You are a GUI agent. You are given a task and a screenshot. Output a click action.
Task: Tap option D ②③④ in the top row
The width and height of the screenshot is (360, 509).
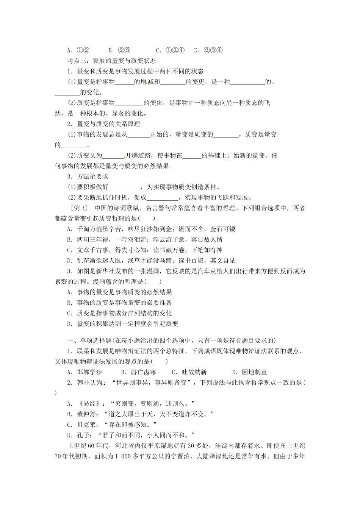click(208, 50)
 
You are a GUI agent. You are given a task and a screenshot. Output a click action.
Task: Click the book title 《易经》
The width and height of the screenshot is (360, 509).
click(87, 404)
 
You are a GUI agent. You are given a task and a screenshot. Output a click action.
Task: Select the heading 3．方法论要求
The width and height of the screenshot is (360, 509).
click(88, 176)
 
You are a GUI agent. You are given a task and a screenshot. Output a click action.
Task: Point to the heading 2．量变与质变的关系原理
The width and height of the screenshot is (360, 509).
click(103, 123)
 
